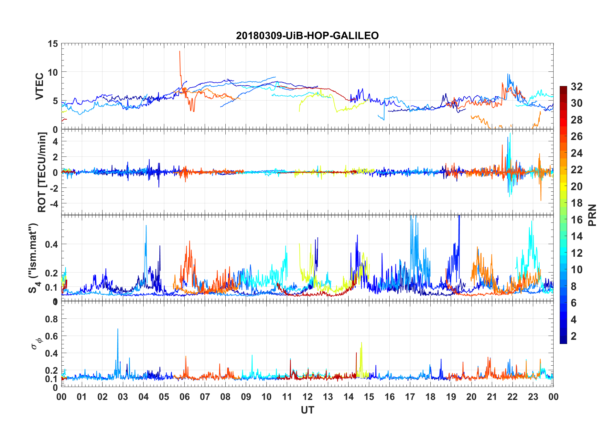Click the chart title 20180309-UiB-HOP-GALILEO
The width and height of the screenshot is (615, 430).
click(307, 36)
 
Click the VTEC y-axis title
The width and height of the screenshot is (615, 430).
click(39, 86)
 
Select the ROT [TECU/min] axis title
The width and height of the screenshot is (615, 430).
click(42, 172)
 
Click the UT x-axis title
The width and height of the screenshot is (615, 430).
click(307, 410)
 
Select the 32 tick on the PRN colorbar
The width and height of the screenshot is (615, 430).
click(577, 86)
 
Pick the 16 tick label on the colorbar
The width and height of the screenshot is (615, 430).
click(577, 220)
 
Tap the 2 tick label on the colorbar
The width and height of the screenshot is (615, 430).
click(574, 336)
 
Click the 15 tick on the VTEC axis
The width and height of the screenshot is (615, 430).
click(53, 44)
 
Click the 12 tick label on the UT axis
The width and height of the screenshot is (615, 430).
click(307, 397)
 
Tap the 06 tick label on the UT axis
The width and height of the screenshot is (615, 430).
click(184, 397)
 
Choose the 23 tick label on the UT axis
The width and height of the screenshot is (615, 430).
click(533, 397)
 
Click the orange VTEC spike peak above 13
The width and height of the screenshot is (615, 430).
click(180, 51)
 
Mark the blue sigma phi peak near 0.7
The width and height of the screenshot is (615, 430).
click(118, 329)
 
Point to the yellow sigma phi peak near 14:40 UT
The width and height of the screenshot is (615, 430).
click(361, 343)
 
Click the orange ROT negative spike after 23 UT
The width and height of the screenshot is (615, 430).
click(541, 200)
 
